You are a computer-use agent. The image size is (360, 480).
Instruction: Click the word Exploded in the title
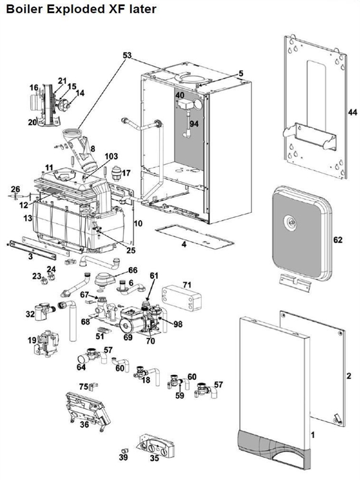[x=71, y=9]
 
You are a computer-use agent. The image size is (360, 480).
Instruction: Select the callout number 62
[x=338, y=240]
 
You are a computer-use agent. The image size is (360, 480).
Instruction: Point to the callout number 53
[x=127, y=55]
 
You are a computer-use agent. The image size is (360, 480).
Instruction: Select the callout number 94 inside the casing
[x=193, y=124]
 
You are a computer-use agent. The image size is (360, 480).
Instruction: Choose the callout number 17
[x=125, y=173]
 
